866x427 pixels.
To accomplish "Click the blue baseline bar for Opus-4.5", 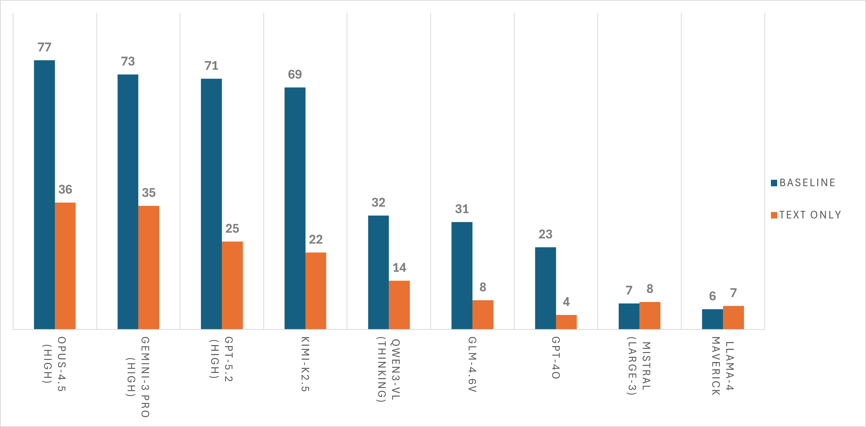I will (44, 195).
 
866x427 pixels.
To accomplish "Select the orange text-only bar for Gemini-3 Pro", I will (148, 267).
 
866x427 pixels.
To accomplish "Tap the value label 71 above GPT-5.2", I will (211, 66).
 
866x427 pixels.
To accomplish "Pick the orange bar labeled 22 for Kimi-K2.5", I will (316, 291).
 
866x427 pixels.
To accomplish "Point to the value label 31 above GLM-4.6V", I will (462, 209).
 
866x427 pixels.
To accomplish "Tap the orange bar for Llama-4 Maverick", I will (733, 317).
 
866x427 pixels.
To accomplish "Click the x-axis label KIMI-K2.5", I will (305, 364).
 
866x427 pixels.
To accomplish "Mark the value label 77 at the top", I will (44, 47).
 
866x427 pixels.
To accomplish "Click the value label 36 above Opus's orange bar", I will (65, 190).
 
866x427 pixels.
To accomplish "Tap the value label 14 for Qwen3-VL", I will (399, 267).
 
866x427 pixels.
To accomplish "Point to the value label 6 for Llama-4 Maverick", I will (712, 296).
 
